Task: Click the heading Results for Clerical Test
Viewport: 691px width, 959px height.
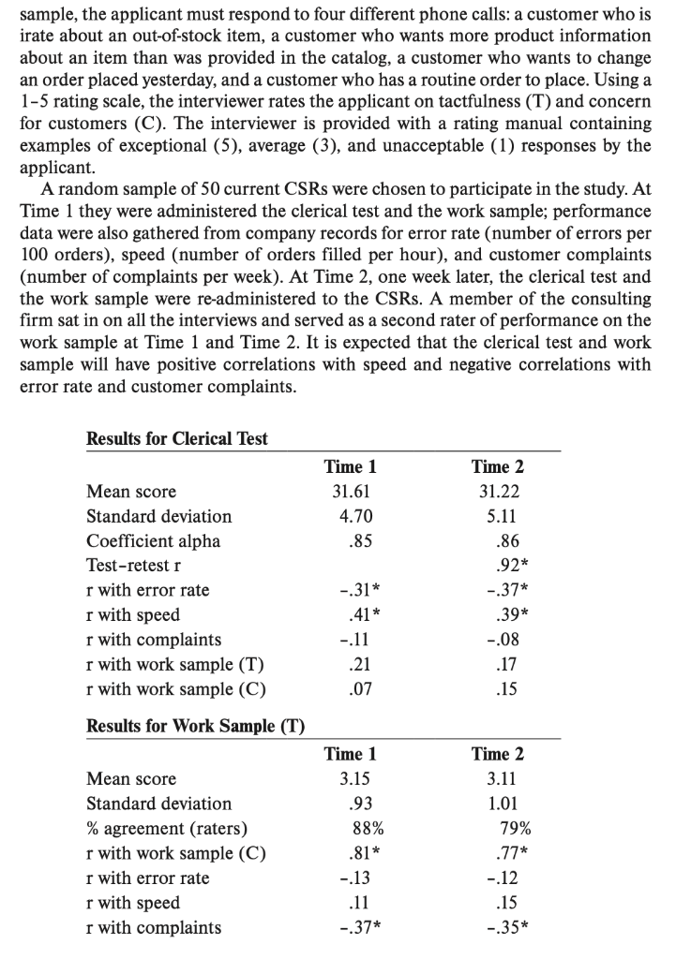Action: [176, 438]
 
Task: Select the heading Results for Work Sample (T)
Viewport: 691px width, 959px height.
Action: [195, 726]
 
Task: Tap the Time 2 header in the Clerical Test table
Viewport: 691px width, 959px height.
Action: [498, 466]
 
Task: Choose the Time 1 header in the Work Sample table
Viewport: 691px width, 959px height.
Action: [350, 754]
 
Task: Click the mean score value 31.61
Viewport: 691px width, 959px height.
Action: [350, 492]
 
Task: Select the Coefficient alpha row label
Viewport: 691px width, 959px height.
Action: [153, 540]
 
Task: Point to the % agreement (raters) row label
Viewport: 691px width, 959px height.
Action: [167, 828]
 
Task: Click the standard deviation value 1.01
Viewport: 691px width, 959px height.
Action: [498, 804]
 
